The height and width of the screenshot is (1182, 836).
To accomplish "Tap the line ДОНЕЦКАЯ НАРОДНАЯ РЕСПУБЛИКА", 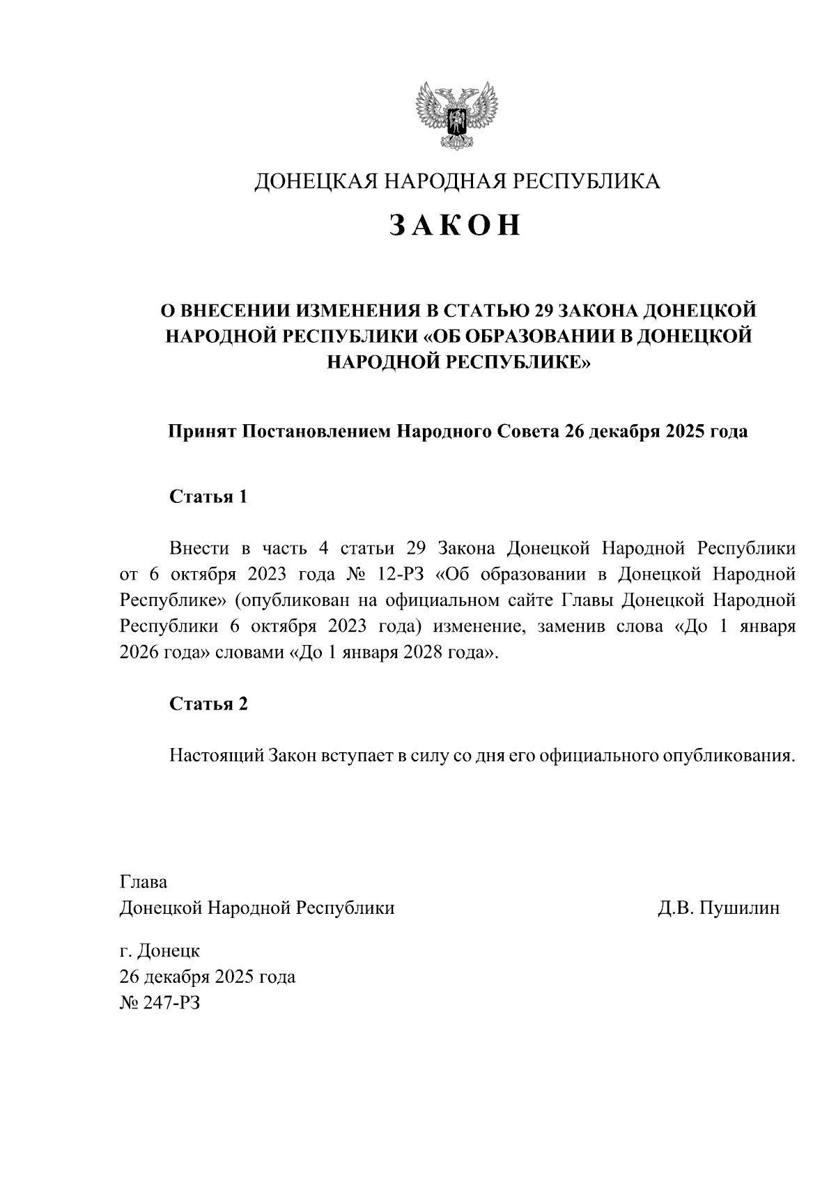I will pos(456,181).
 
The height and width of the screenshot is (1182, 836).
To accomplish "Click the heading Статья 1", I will pos(208,497).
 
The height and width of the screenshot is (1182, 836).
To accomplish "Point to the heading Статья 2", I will pos(208,703).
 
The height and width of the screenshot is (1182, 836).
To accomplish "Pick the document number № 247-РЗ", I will pos(160,1003).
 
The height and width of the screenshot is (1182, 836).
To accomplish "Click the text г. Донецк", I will pos(160,950).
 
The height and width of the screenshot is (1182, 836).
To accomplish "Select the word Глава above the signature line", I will pos(144,882).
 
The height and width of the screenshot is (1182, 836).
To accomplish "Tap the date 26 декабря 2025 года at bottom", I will pos(208,977).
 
